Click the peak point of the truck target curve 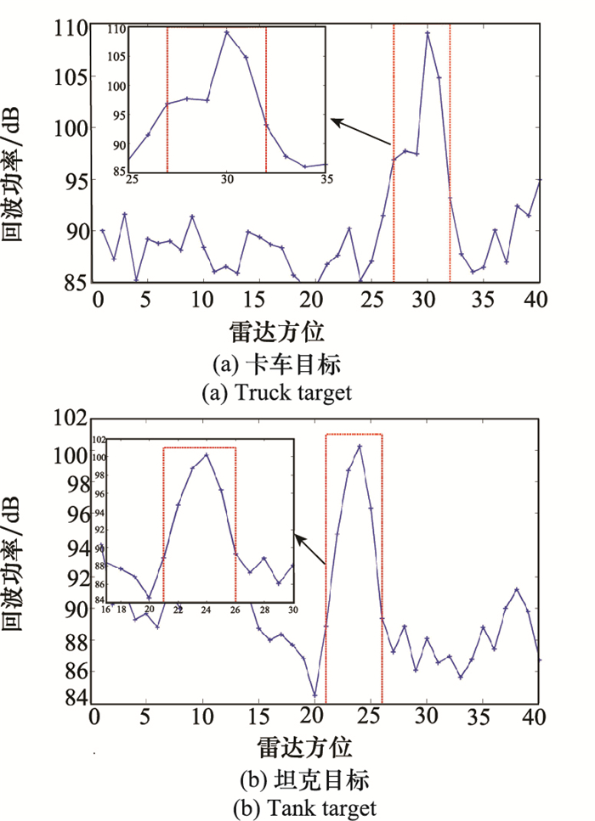(x=428, y=33)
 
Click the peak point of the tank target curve (x=360, y=446)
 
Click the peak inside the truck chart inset (x=227, y=32)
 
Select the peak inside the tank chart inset (x=206, y=454)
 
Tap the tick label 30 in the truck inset (x=227, y=180)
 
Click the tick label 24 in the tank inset (x=206, y=610)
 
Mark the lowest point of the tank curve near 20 (x=315, y=694)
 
